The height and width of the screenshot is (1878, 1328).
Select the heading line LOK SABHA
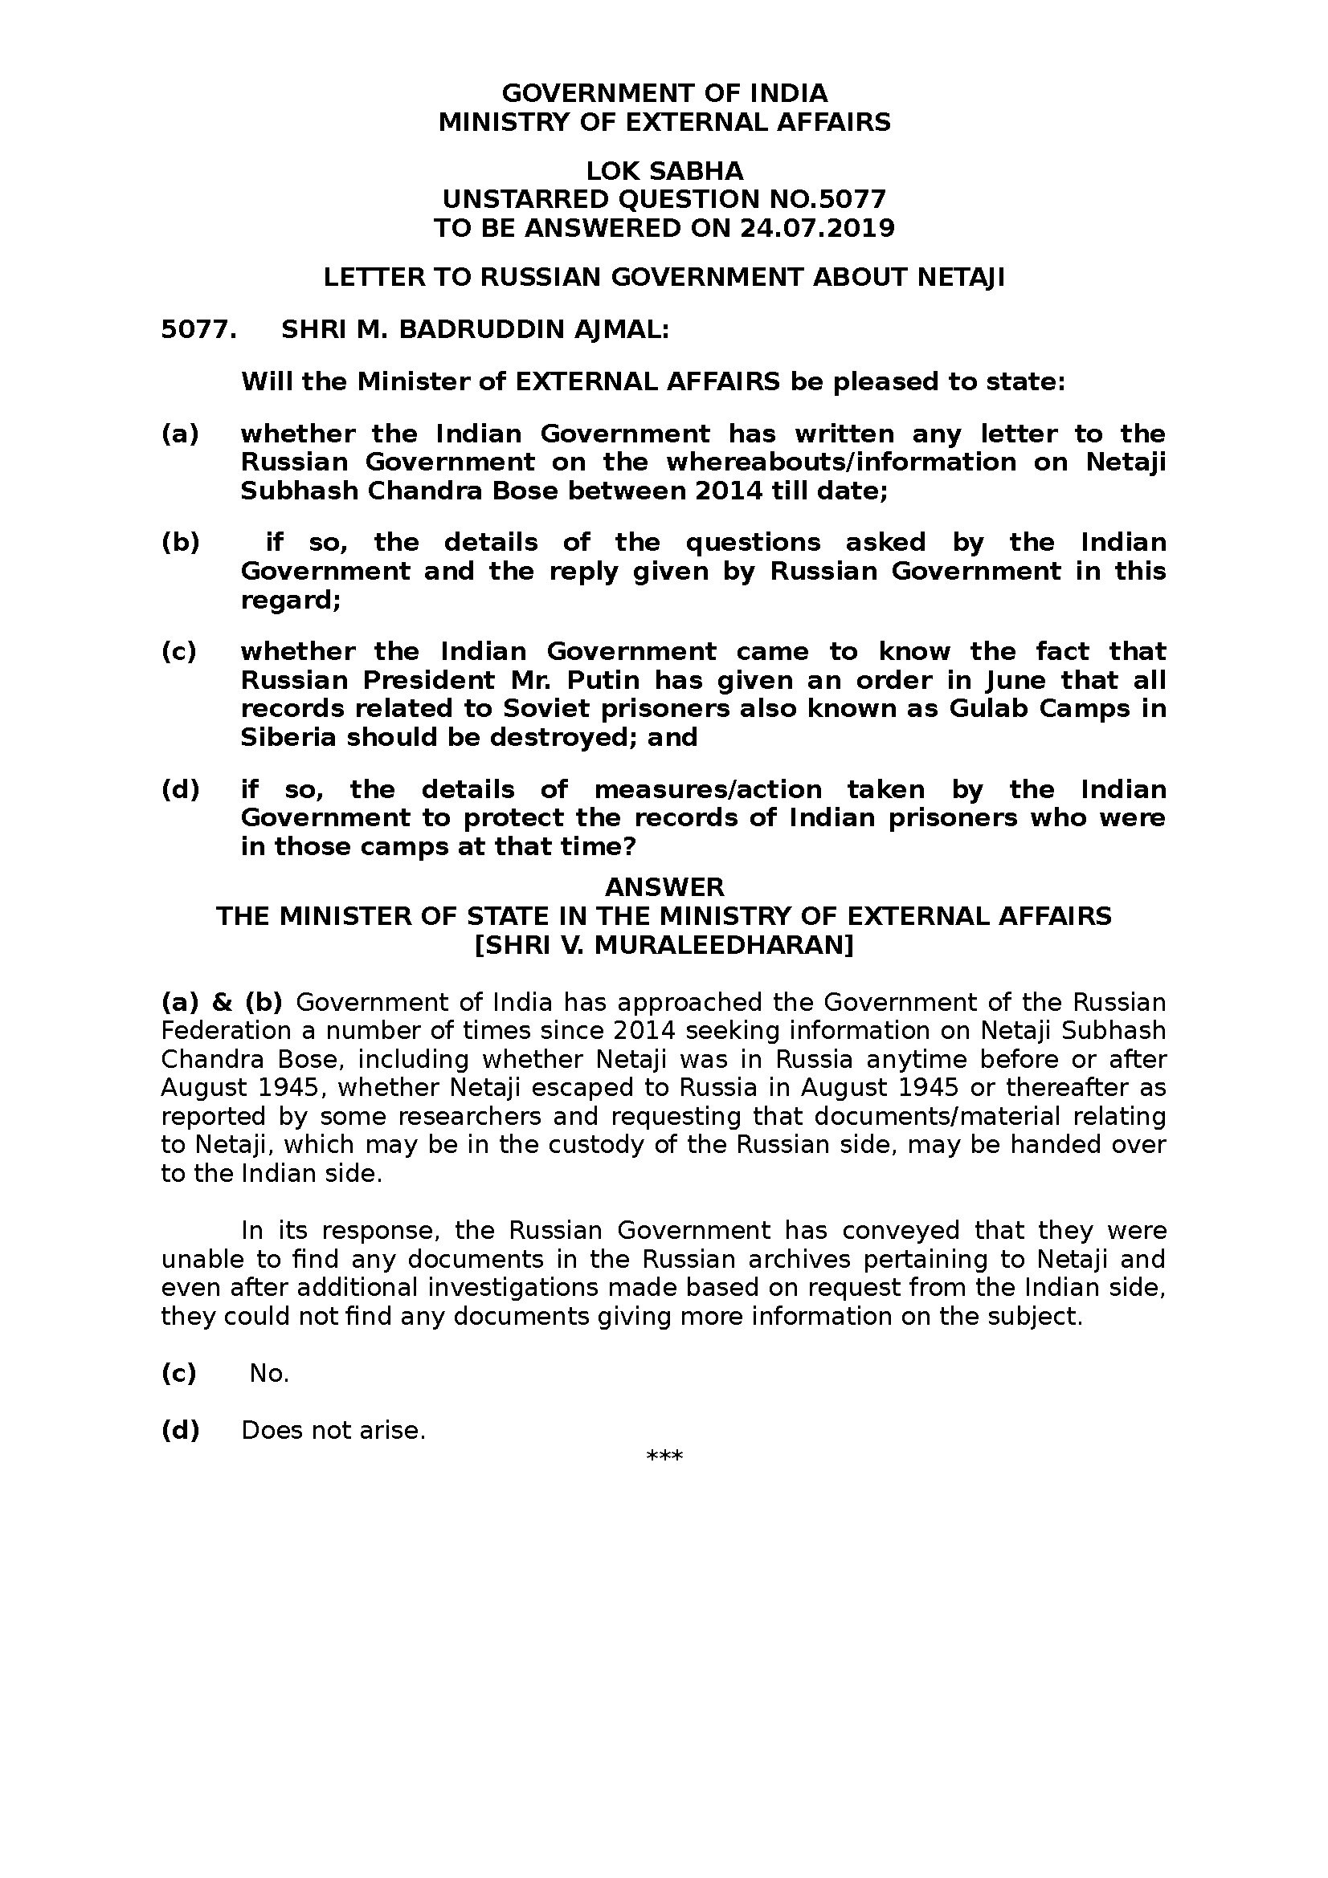pyautogui.click(x=664, y=171)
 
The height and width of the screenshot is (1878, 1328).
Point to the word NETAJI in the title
pyautogui.click(x=961, y=278)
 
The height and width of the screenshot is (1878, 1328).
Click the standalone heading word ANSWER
pyautogui.click(x=664, y=887)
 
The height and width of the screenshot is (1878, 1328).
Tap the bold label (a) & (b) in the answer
pyautogui.click(x=222, y=1003)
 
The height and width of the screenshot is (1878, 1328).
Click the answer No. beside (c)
pyautogui.click(x=269, y=1373)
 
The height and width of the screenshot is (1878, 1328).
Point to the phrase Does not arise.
pyautogui.click(x=334, y=1431)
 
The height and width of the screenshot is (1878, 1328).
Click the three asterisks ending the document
pyautogui.click(x=664, y=1456)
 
